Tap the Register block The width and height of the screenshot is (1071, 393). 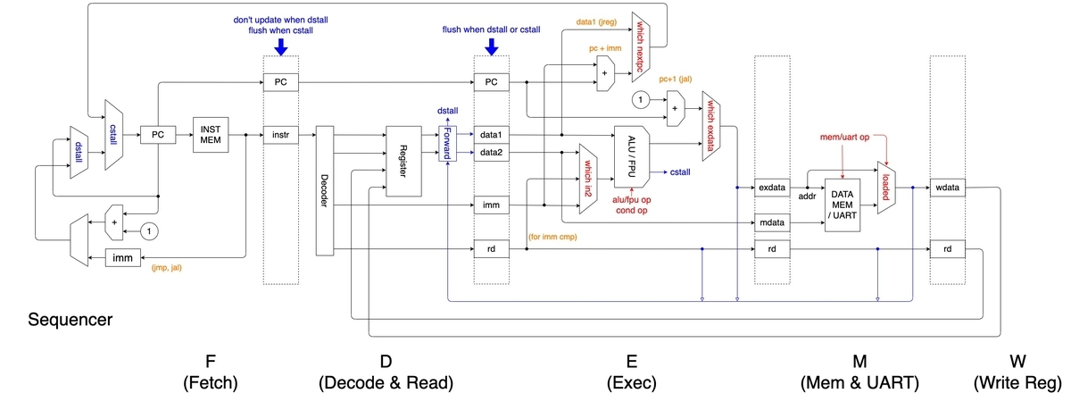point(403,160)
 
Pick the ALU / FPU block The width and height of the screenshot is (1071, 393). point(631,144)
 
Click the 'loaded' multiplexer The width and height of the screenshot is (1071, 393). point(886,188)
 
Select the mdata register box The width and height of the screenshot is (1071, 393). point(771,221)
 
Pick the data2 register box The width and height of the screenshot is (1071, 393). point(490,153)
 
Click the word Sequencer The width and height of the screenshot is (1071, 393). point(70,319)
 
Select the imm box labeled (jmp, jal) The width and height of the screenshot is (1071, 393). point(126,257)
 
